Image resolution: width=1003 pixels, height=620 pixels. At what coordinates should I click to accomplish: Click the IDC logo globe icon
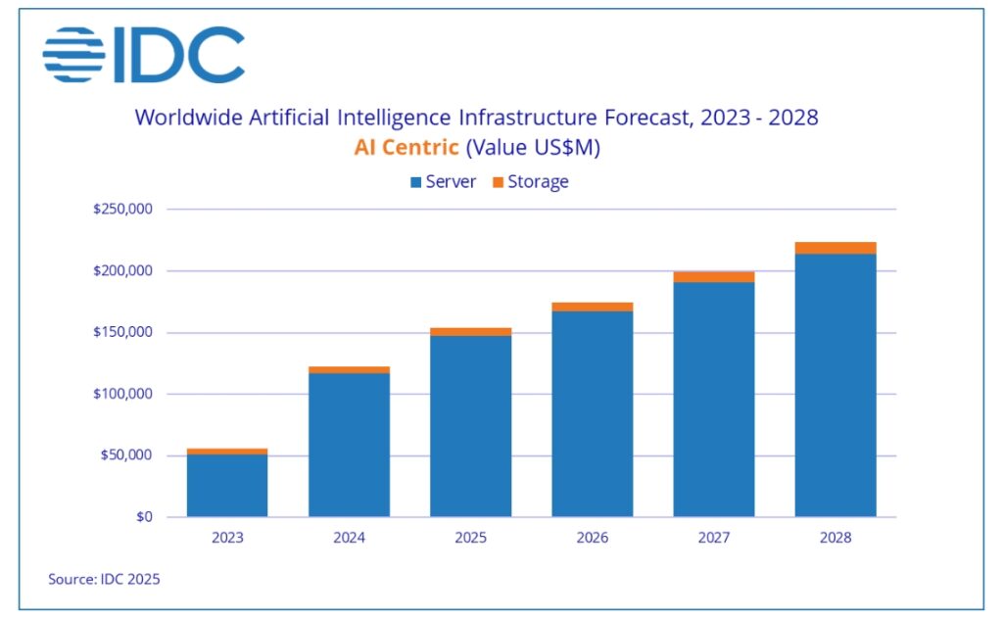click(73, 55)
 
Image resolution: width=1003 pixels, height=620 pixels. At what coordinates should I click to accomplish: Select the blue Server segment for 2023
click(227, 486)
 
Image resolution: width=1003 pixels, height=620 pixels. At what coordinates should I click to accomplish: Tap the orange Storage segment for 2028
click(836, 248)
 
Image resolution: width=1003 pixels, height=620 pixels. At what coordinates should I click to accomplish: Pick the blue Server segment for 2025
click(471, 426)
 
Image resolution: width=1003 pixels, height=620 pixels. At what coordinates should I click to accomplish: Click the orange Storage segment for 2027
click(714, 277)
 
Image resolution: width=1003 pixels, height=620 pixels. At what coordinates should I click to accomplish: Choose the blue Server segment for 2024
click(350, 446)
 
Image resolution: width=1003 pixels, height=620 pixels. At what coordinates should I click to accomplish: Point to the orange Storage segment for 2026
click(593, 308)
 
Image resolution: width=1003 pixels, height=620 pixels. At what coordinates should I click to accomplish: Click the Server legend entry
click(444, 182)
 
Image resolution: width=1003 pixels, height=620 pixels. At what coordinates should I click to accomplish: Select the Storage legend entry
click(530, 182)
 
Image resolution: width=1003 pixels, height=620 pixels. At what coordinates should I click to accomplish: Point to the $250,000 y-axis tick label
click(122, 210)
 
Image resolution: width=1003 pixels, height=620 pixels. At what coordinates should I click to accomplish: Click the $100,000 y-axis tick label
click(122, 394)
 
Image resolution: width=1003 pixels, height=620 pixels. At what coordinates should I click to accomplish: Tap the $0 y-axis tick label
click(144, 517)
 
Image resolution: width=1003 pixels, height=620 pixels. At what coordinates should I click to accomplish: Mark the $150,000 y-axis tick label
click(122, 332)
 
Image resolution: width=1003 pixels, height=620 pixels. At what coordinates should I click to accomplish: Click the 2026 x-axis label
click(593, 538)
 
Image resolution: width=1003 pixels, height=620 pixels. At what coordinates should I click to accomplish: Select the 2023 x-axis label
click(227, 538)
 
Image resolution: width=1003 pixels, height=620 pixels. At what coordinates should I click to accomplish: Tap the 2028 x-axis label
click(836, 538)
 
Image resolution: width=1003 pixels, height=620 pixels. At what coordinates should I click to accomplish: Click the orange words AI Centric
click(406, 147)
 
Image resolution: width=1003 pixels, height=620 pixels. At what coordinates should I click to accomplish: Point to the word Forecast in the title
click(648, 118)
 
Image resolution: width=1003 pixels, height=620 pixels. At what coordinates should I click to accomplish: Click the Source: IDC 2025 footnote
click(104, 579)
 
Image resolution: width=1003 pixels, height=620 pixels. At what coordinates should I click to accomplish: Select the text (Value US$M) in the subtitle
click(533, 148)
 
